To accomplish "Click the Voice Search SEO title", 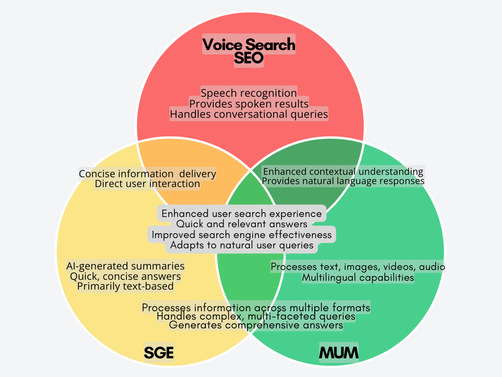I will pyautogui.click(x=249, y=51).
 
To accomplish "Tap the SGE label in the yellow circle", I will pyautogui.click(x=159, y=352).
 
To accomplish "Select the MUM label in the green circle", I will pyautogui.click(x=339, y=352).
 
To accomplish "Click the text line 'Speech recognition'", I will pyautogui.click(x=249, y=93).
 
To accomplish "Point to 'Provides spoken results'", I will pyautogui.click(x=249, y=104).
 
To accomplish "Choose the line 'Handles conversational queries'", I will pyautogui.click(x=249, y=114).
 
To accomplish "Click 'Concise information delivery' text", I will pyautogui.click(x=148, y=174).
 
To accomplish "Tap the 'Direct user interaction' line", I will pyautogui.click(x=148, y=184).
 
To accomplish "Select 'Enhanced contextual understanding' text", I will pyautogui.click(x=343, y=171).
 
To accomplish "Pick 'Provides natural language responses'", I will pyautogui.click(x=343, y=181).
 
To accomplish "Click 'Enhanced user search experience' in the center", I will pyautogui.click(x=242, y=214).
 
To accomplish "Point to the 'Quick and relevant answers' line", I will pyautogui.click(x=242, y=224).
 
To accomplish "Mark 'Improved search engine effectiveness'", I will pyautogui.click(x=242, y=235).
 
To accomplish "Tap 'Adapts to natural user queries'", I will pyautogui.click(x=242, y=245).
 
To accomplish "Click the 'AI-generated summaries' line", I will pyautogui.click(x=125, y=266).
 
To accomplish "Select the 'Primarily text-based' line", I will pyautogui.click(x=125, y=286).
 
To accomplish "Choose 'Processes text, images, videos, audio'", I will pyautogui.click(x=358, y=267).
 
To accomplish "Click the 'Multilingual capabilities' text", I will pyautogui.click(x=358, y=277).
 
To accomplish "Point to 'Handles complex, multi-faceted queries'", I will pyautogui.click(x=256, y=317).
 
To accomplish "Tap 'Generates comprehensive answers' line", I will pyautogui.click(x=256, y=325).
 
